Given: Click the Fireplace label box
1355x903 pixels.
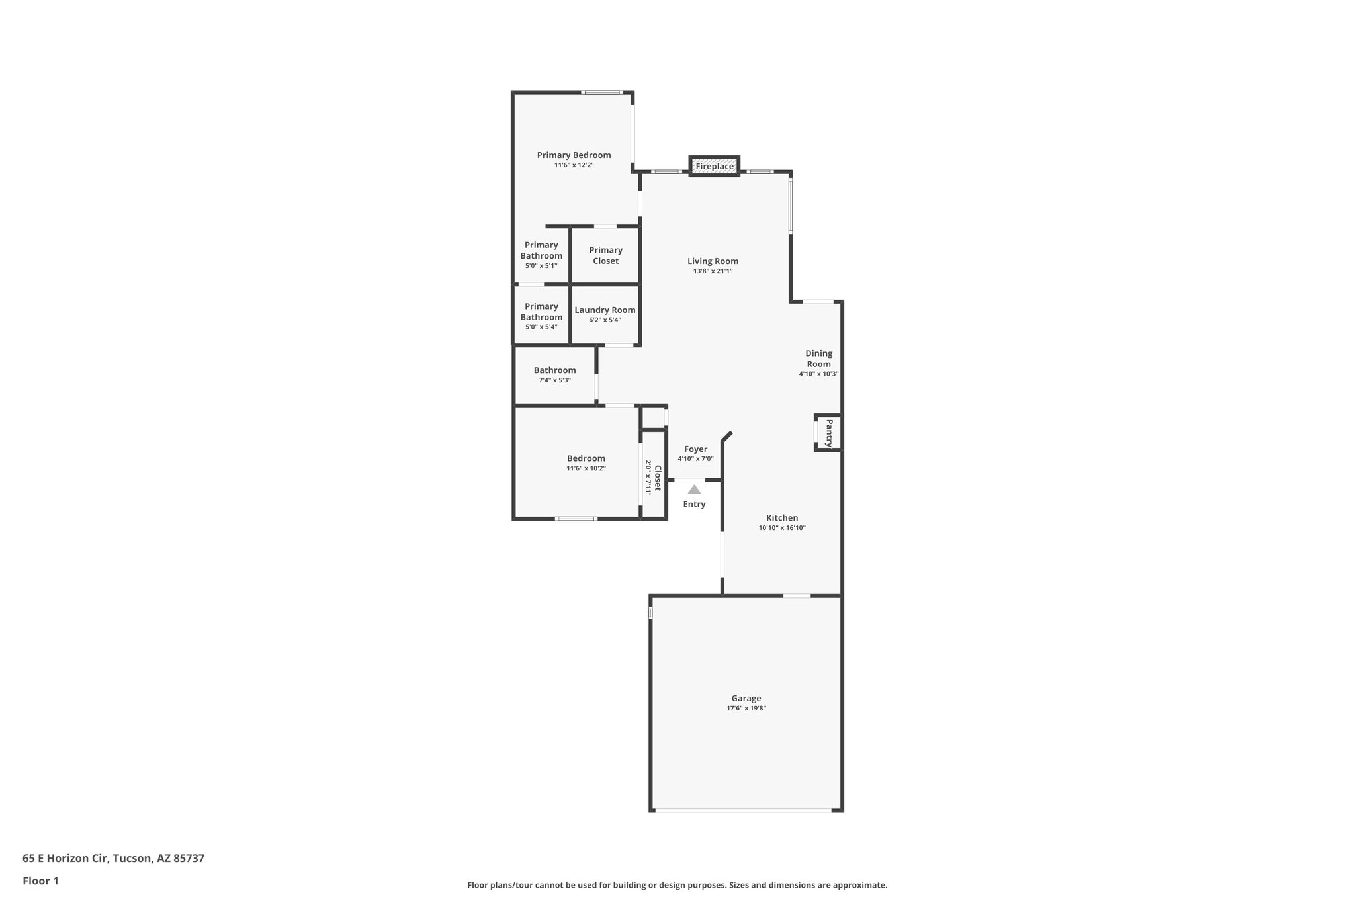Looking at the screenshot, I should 714,167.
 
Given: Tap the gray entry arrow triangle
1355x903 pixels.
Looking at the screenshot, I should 694,490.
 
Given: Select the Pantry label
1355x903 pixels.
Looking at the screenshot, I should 828,433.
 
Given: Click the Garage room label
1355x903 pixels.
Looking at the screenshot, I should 746,698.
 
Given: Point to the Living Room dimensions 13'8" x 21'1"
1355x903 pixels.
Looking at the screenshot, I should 713,271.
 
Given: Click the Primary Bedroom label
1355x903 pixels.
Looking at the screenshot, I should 574,155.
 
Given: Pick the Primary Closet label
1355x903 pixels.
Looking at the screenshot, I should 605,255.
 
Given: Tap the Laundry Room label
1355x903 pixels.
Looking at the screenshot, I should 605,310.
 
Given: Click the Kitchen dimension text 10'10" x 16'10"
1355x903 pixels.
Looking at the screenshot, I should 782,528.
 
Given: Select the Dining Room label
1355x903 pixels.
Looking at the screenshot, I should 818,359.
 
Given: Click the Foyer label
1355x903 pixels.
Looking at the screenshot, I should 695,449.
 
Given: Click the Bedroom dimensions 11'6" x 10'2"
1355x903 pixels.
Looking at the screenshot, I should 586,468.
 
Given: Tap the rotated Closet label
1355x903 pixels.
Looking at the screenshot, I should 658,478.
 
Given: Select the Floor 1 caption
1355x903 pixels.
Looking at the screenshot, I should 40,881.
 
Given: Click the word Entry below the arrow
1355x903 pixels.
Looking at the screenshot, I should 694,505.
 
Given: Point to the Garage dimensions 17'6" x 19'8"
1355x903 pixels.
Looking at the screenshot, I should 746,709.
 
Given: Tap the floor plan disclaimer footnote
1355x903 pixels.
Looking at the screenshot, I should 677,885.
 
